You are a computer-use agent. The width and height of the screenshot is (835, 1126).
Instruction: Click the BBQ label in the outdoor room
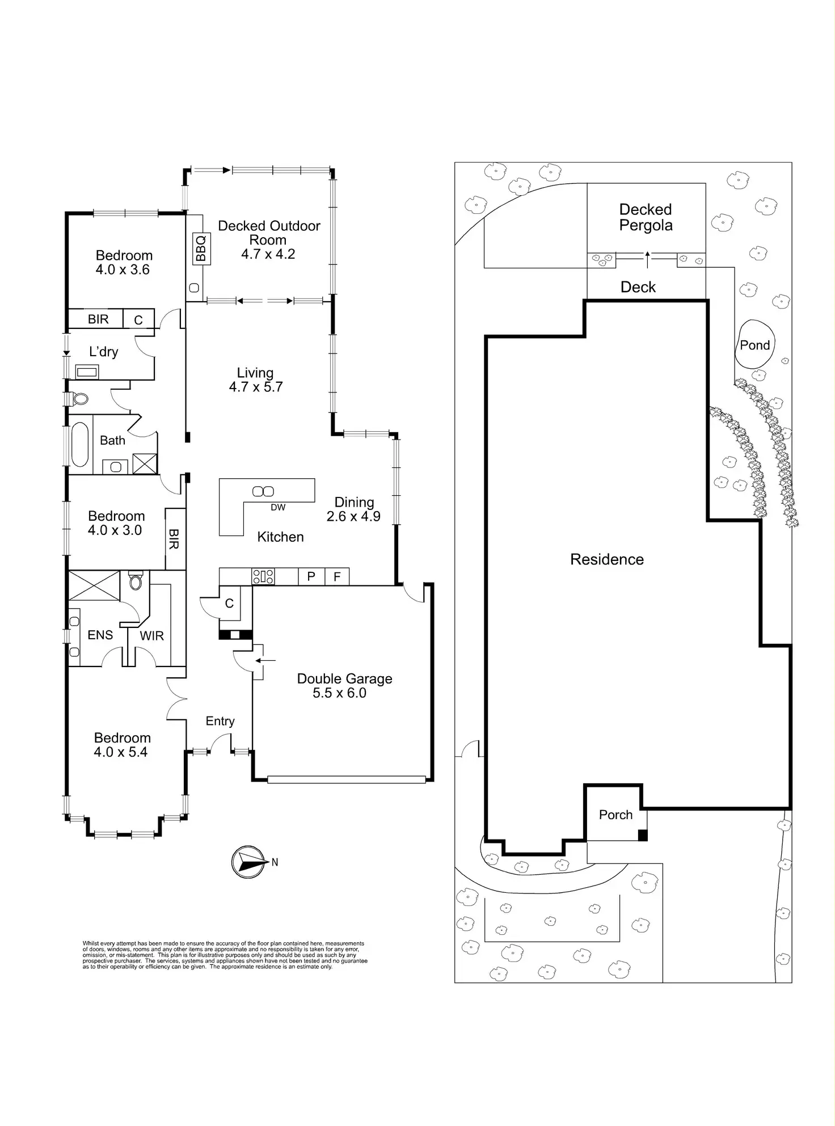point(201,248)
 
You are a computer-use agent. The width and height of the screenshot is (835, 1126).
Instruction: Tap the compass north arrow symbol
point(248,862)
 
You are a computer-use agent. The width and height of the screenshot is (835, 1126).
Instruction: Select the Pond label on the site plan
point(754,345)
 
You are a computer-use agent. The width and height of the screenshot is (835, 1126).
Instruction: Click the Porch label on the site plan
point(615,815)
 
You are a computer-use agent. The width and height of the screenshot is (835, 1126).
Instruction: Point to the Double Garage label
point(344,679)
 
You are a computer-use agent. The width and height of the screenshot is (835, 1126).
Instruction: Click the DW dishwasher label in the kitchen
point(278,508)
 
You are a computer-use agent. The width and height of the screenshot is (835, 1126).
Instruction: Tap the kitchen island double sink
point(263,491)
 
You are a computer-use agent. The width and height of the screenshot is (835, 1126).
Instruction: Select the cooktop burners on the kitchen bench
point(263,577)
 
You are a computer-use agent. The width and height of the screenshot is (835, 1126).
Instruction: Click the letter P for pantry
point(311,577)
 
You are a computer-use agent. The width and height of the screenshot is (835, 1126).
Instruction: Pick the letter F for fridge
point(337,577)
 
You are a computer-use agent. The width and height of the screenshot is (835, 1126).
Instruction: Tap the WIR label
point(152,636)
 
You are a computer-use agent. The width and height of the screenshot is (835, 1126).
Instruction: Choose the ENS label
point(100,635)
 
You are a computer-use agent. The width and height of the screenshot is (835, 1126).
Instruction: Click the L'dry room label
point(104,352)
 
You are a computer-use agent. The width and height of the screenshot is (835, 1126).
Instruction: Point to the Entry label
point(220,721)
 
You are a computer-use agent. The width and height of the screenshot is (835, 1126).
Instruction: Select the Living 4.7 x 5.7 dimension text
point(256,387)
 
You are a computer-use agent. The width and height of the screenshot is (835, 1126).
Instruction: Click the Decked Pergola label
point(646,217)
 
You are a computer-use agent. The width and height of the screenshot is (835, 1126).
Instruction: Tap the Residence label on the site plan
point(607,559)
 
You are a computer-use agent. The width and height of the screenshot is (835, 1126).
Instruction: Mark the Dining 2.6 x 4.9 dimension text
point(353,516)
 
